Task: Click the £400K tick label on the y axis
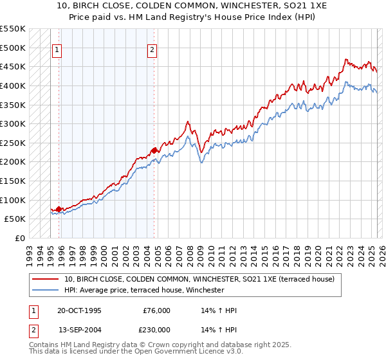click(x=13, y=85)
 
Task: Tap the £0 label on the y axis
click(x=21, y=238)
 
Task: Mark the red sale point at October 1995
click(x=59, y=209)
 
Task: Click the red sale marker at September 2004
click(x=154, y=150)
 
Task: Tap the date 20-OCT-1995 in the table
click(x=79, y=310)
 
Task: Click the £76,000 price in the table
click(x=156, y=310)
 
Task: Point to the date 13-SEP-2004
click(x=79, y=330)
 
